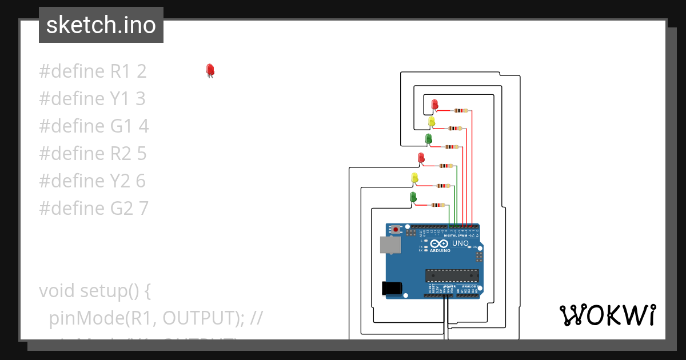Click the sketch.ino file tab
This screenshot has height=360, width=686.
(101, 25)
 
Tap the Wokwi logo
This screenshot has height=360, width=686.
(607, 315)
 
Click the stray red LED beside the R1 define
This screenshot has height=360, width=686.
(210, 70)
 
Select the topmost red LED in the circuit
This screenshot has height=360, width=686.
(435, 105)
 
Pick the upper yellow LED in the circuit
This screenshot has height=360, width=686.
(432, 122)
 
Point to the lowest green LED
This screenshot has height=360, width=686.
(413, 197)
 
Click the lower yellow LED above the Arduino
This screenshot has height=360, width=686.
(415, 178)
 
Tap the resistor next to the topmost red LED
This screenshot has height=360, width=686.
(460, 110)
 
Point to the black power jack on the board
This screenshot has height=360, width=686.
(392, 287)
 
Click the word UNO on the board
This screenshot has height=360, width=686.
(460, 243)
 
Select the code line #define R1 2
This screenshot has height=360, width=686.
(93, 71)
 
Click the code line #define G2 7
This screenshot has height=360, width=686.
(94, 209)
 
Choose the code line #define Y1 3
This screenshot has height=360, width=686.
(92, 99)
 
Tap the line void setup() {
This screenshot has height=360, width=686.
(94, 291)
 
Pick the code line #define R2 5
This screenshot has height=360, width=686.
(93, 154)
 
